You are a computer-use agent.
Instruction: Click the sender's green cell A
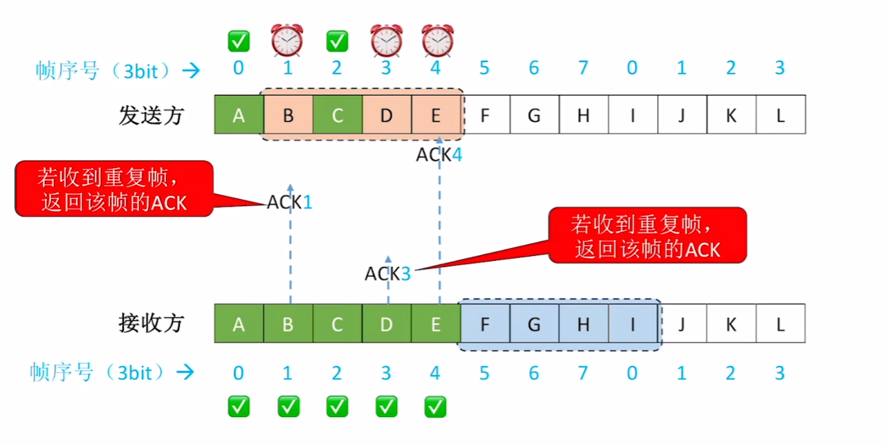239,114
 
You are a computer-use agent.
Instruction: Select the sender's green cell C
338,114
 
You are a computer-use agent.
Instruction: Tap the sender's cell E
437,114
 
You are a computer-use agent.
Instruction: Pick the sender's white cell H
584,114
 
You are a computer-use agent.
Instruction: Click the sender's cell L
781,114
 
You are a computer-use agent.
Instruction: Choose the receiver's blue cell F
485,323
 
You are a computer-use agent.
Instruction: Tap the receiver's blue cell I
633,323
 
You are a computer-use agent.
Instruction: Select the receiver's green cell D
387,323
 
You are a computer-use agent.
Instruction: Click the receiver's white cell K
731,323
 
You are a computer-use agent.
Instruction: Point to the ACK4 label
439,155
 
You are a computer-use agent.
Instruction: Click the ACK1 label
290,202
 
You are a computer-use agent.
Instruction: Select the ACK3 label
387,273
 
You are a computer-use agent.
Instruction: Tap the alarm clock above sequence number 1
288,40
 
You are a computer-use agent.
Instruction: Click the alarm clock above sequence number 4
437,40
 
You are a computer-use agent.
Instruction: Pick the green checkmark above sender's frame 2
338,41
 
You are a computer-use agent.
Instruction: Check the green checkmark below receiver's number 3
387,407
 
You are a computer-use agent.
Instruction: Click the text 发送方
152,115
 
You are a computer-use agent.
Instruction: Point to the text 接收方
152,323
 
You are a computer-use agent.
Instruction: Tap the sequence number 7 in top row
583,68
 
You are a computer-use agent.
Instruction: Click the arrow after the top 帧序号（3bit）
191,71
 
